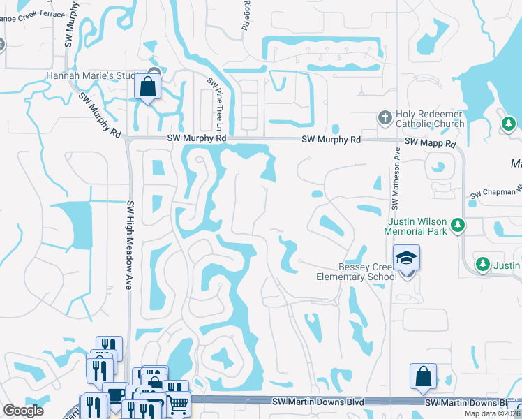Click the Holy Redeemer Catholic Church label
point(429,119)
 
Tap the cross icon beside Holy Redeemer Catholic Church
point(385,117)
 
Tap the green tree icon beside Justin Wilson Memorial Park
point(458,224)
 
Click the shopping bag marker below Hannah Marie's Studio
point(148,87)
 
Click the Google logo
point(23,411)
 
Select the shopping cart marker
point(179,403)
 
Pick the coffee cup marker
point(114,395)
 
